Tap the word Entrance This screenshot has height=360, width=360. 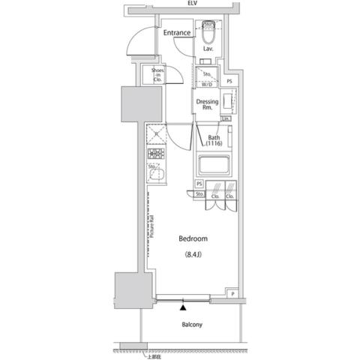[177, 33]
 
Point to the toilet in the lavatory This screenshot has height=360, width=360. [209, 33]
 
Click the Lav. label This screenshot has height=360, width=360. [208, 49]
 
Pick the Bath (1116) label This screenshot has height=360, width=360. [214, 140]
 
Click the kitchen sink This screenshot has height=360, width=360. [156, 178]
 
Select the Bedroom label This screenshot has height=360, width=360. [193, 239]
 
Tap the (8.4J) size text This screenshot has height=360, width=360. [193, 255]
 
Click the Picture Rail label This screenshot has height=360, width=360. [151, 224]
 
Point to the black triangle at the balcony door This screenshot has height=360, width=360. [182, 306]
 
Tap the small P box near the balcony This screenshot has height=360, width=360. [233, 294]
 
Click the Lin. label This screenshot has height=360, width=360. [226, 119]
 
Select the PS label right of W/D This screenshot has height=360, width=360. [229, 81]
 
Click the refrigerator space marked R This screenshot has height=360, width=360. [156, 134]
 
